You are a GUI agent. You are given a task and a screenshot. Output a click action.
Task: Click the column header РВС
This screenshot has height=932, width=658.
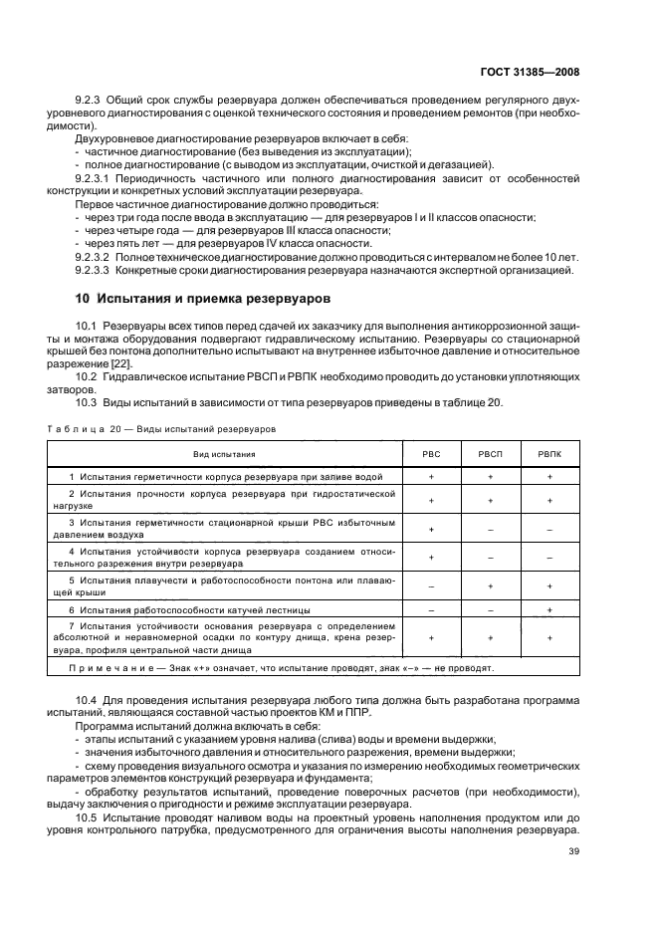point(431,453)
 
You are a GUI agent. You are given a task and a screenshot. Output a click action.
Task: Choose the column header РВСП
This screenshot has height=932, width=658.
point(490,453)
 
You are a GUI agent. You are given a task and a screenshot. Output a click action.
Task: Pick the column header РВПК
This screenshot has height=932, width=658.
point(549,453)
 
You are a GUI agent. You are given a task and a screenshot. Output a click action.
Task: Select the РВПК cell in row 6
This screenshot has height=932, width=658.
point(549,607)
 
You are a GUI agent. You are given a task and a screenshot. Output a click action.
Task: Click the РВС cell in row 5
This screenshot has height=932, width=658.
point(431,585)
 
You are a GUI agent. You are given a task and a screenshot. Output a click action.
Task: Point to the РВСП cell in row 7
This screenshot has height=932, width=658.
point(490,636)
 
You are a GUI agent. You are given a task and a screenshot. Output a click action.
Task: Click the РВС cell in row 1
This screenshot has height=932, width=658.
point(431,476)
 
